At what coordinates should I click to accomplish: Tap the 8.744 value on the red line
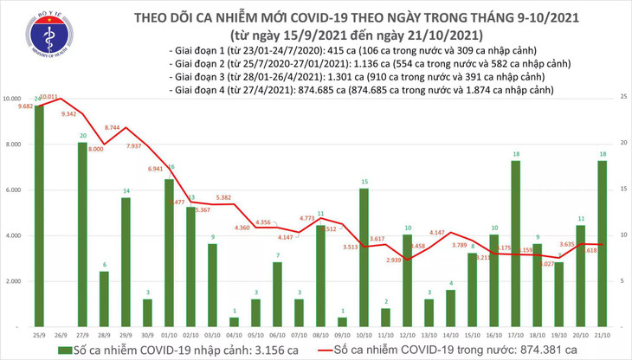(x=113, y=127)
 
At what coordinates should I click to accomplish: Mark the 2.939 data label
(x=394, y=260)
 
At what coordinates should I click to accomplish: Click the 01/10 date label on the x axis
(x=169, y=334)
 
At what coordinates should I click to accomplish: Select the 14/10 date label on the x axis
(x=450, y=334)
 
